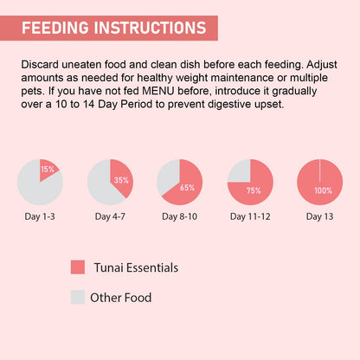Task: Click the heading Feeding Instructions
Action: click(x=113, y=27)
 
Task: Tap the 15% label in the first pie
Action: click(x=48, y=170)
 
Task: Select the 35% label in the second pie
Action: click(x=121, y=181)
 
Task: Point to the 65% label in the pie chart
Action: click(x=188, y=187)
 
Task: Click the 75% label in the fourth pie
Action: click(x=254, y=190)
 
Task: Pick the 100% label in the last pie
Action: click(x=323, y=190)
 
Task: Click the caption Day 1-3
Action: click(x=40, y=215)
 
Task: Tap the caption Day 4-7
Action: click(x=110, y=215)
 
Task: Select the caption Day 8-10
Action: click(x=180, y=215)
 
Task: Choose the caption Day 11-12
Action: click(x=250, y=215)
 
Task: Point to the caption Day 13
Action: click(x=319, y=215)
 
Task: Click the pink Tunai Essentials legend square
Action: click(x=78, y=267)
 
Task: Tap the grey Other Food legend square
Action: click(x=78, y=298)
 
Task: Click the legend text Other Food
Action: click(x=121, y=298)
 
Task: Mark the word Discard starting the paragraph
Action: click(x=40, y=64)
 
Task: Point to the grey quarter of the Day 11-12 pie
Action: click(x=239, y=171)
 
